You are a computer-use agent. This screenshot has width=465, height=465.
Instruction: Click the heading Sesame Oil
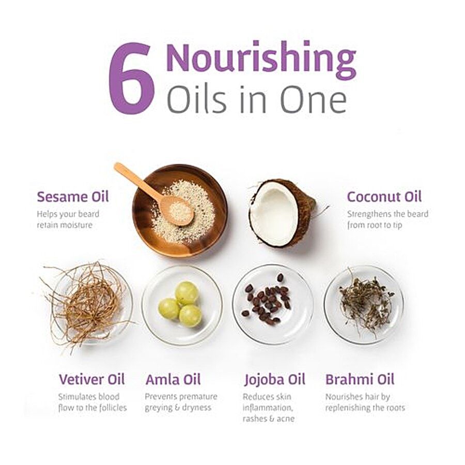pyautogui.click(x=73, y=197)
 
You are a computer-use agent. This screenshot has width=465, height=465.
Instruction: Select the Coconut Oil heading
pyautogui.click(x=384, y=197)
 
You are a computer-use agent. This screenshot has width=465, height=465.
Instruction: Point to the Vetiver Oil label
pyautogui.click(x=92, y=379)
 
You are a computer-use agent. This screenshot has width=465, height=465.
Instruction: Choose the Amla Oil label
pyautogui.click(x=173, y=379)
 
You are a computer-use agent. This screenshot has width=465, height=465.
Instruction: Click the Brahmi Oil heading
pyautogui.click(x=360, y=379)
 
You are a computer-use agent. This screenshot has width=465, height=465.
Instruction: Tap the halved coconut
pyautogui.click(x=282, y=213)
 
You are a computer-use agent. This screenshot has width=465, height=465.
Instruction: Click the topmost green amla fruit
pyautogui.click(x=187, y=293)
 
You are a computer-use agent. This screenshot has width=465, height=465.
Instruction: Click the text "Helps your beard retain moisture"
pyautogui.click(x=68, y=220)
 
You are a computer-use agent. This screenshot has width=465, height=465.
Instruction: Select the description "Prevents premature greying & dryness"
pyautogui.click(x=181, y=402)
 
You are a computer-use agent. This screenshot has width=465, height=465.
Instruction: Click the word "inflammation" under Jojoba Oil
pyautogui.click(x=268, y=408)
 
